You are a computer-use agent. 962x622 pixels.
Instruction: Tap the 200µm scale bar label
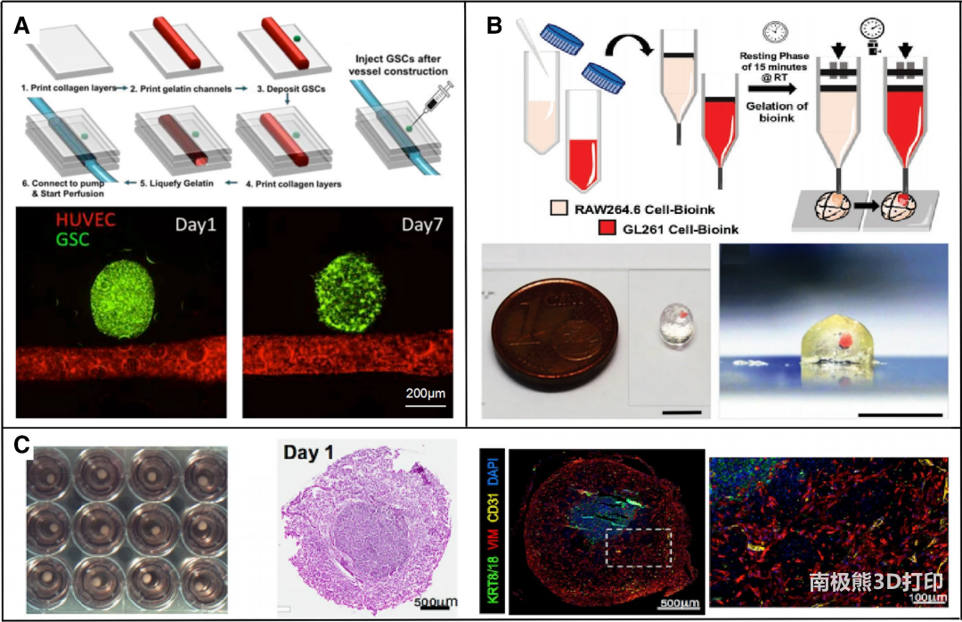pos(426,392)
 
